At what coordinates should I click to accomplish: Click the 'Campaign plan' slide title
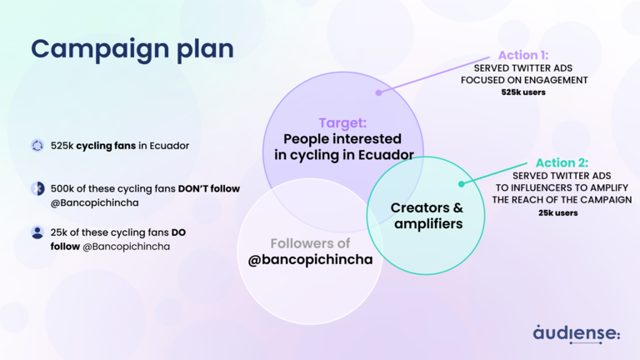(x=132, y=48)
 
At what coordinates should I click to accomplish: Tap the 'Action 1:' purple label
(x=522, y=55)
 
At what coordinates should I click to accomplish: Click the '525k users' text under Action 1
(x=524, y=93)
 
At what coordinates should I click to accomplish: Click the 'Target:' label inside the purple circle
(x=343, y=122)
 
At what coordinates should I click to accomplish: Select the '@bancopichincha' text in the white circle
(x=310, y=258)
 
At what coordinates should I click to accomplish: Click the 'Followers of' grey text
(x=310, y=243)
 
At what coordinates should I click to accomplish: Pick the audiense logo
(x=577, y=332)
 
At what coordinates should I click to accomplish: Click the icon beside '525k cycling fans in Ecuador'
(x=37, y=146)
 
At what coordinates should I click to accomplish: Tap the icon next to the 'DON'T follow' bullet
(x=37, y=188)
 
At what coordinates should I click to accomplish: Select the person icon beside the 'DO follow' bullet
(x=37, y=232)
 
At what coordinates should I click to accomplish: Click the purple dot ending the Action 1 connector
(x=378, y=92)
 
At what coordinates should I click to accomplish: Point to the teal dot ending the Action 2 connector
(x=457, y=187)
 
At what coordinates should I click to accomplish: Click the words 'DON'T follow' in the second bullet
(x=208, y=189)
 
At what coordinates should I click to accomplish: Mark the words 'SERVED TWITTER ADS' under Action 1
(x=524, y=67)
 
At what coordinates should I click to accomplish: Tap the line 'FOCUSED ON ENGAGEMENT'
(x=524, y=80)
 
